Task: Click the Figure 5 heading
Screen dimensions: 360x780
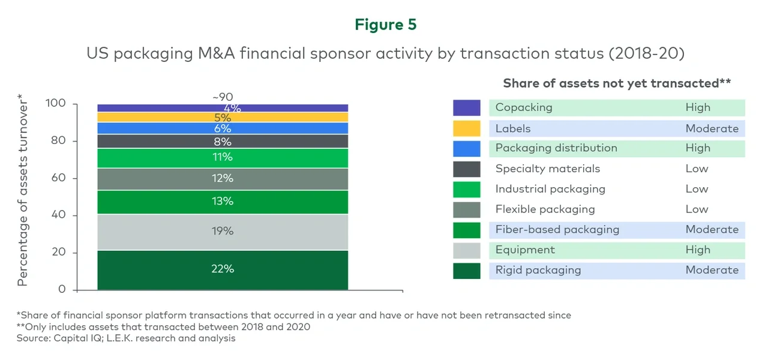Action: (x=385, y=25)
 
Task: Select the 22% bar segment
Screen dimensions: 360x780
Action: (x=222, y=269)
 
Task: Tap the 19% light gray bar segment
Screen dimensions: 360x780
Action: (x=222, y=232)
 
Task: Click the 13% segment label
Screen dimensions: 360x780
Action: (x=222, y=202)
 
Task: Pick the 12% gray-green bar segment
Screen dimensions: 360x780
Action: (x=222, y=179)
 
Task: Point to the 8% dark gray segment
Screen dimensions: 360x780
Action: (x=222, y=142)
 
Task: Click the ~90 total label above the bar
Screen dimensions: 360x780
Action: (x=222, y=97)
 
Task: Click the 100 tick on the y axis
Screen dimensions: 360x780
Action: (x=55, y=104)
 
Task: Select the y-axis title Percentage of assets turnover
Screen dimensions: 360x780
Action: (x=23, y=190)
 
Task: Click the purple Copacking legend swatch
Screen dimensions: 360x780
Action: (x=466, y=108)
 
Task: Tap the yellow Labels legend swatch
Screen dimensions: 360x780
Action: (x=466, y=128)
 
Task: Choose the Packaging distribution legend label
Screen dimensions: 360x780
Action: (x=556, y=148)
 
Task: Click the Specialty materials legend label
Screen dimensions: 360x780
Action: (x=547, y=169)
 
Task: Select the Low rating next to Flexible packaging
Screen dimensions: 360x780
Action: (x=697, y=209)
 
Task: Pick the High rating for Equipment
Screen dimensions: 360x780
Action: (x=698, y=250)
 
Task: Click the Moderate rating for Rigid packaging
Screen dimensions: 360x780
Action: (x=712, y=270)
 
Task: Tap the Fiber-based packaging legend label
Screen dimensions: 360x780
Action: (x=557, y=230)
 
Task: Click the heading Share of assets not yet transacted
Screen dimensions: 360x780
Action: (x=616, y=83)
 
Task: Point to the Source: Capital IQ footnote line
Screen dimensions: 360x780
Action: (x=126, y=338)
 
